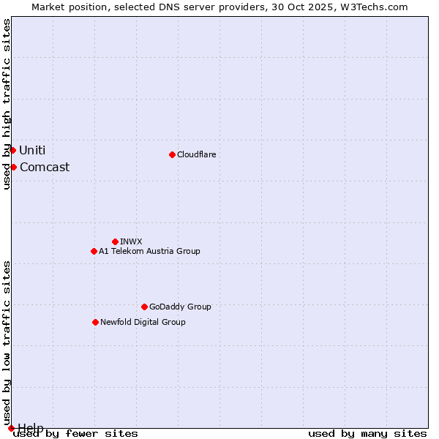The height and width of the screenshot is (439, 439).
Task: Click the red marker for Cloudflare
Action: click(172, 154)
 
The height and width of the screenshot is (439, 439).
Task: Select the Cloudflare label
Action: click(197, 154)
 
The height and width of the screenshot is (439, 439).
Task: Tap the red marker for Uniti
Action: click(12, 150)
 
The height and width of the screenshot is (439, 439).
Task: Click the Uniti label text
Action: click(32, 150)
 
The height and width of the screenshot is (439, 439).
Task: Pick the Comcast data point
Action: click(13, 167)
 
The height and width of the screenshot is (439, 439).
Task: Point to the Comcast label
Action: click(45, 167)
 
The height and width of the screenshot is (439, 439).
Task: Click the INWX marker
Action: click(115, 241)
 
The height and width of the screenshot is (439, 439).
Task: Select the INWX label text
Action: click(131, 241)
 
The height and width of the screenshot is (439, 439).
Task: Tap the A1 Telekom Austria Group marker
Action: click(94, 251)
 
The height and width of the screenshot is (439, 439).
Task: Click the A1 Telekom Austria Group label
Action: click(149, 251)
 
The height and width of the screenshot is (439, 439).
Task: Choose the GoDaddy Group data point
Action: click(144, 307)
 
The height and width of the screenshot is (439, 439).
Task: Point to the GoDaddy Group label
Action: click(180, 307)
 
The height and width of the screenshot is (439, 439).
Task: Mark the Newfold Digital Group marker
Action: click(95, 322)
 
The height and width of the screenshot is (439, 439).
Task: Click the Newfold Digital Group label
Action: click(143, 322)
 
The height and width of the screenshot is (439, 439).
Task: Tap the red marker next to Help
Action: click(11, 428)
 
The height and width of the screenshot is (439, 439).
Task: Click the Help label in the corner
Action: click(31, 427)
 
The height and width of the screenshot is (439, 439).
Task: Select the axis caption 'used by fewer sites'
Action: click(76, 434)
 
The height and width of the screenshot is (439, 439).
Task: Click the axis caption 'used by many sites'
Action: click(367, 434)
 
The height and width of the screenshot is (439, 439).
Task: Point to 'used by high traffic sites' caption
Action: click(7, 104)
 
